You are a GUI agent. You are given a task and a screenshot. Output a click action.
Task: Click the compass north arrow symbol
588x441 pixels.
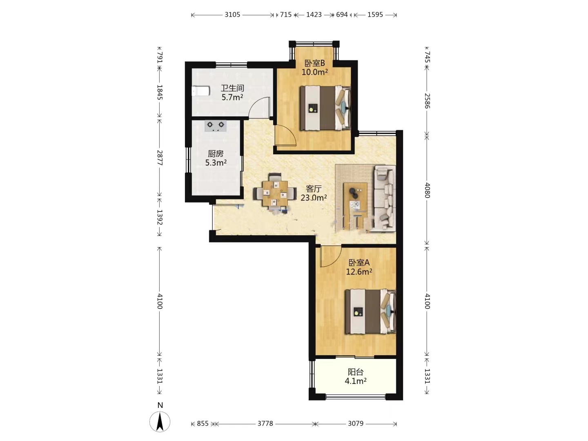pos(160,422)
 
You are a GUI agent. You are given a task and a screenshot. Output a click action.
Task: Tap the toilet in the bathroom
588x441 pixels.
pos(200,91)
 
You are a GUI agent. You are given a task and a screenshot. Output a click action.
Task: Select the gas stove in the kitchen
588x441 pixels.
pos(215,126)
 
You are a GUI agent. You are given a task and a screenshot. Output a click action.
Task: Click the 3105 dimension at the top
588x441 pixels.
pos(232,14)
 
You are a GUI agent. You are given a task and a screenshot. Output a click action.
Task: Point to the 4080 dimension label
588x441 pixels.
pos(427,190)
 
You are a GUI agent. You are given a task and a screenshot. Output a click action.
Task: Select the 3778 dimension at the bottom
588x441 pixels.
pos(265,423)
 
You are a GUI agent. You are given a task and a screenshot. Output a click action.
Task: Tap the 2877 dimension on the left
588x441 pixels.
pos(160,158)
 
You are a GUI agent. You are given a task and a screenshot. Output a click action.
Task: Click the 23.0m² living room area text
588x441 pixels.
pos(314,198)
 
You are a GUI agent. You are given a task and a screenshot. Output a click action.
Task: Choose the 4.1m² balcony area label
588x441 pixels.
pos(356,381)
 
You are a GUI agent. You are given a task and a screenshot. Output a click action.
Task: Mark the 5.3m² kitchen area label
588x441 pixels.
pos(216,163)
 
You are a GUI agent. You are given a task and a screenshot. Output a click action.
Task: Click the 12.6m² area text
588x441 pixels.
pos(359,272)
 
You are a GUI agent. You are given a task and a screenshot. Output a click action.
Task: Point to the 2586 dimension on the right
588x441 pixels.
pos(427,101)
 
